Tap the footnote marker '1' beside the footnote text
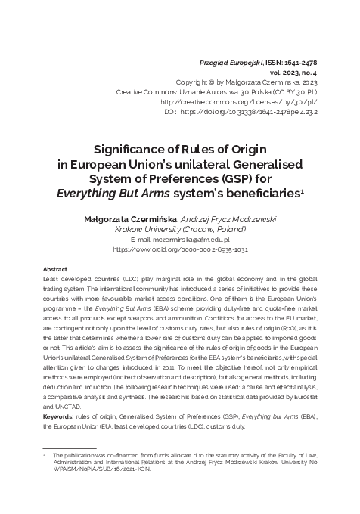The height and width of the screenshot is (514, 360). pos(45,457)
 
